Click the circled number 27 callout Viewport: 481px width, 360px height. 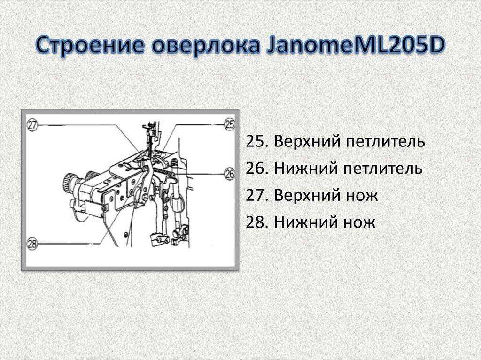tap(33, 125)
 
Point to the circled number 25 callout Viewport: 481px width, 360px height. tap(230, 124)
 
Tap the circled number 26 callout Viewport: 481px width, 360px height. tap(229, 174)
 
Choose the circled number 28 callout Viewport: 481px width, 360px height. tap(32, 244)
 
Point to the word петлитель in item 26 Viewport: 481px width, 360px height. tap(383, 169)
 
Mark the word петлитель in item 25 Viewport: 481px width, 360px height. tap(384, 142)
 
